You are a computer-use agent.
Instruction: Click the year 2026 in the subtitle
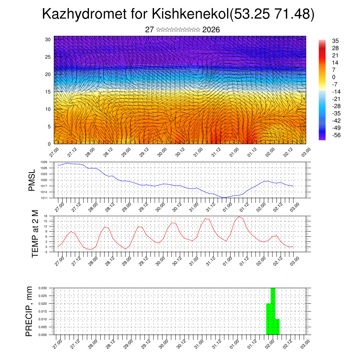point(211,30)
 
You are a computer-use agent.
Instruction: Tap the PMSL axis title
point(32,180)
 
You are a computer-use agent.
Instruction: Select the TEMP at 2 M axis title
point(35,234)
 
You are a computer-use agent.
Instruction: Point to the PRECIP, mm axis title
point(29,311)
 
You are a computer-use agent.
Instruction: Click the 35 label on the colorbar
point(335,41)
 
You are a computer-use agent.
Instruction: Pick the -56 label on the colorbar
point(336,135)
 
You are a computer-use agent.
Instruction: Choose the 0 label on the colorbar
point(334,77)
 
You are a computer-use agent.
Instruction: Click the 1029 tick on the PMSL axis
point(44,162)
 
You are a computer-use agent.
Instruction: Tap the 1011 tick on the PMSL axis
point(44,198)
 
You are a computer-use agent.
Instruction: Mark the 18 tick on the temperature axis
point(45,216)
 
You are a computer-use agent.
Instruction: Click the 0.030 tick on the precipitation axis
point(43,288)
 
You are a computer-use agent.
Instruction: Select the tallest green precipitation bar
point(273,311)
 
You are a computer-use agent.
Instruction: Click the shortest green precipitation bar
point(277,327)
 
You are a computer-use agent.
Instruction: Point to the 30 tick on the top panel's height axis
point(48,39)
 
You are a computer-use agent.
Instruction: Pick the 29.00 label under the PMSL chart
point(127,206)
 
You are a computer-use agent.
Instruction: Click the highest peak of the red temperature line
point(239,217)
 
